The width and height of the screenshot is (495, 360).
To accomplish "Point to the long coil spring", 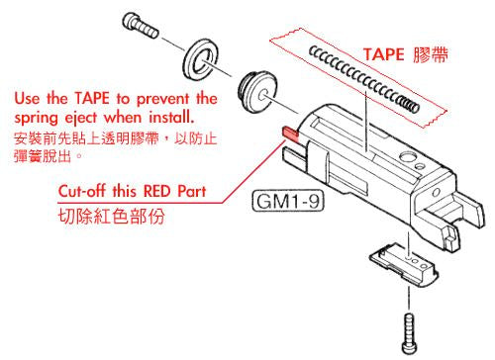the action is click(x=361, y=76).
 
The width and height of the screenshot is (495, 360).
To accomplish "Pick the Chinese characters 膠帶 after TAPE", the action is click(x=434, y=56).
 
